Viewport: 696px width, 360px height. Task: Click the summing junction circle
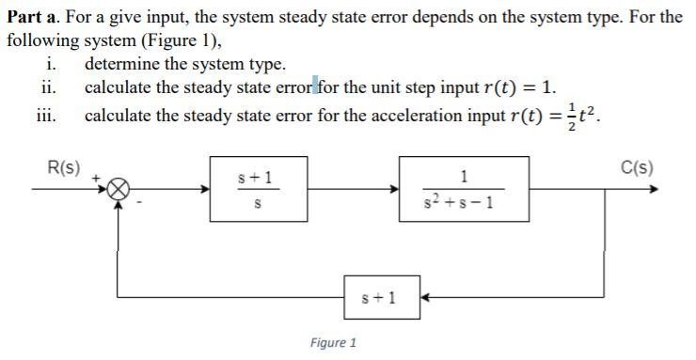coord(117,189)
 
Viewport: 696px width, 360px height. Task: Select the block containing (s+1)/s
coord(258,189)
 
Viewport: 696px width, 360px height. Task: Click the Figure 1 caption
coord(334,343)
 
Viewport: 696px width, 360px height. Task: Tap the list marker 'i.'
coord(51,66)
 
